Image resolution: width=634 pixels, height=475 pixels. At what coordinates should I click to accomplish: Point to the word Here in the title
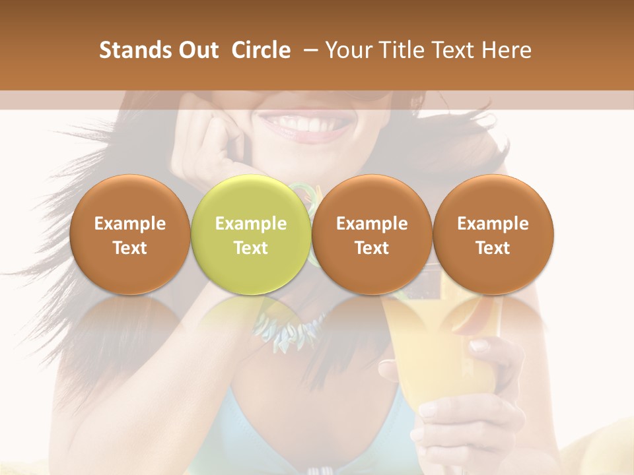click(x=507, y=50)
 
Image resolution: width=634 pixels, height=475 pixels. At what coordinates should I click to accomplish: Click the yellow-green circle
click(x=250, y=234)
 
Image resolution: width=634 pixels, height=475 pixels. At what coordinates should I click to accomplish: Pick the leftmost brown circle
click(x=129, y=234)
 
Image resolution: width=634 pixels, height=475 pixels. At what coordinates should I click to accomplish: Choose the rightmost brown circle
click(x=493, y=234)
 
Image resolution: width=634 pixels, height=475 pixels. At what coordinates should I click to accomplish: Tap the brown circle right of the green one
click(x=372, y=234)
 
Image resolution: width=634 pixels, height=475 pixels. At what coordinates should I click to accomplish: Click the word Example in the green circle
click(x=250, y=224)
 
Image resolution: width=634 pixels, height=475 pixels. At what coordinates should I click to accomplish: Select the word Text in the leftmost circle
click(x=129, y=248)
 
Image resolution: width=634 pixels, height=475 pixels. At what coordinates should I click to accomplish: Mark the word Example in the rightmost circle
click(x=493, y=224)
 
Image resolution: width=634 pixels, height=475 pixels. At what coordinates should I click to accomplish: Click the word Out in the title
click(x=196, y=50)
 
